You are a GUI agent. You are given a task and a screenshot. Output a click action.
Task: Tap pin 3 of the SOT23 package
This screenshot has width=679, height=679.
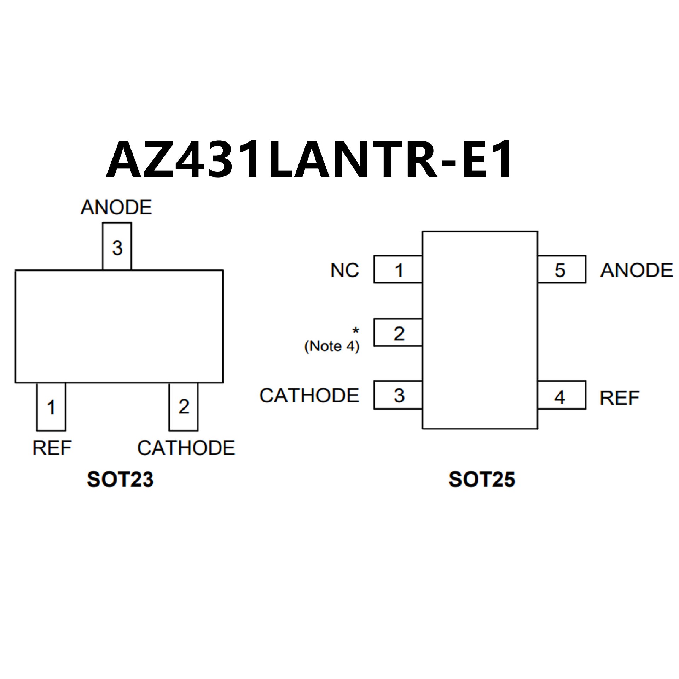pos(117,247)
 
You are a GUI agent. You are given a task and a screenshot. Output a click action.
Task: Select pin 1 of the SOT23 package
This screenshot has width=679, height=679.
pos(51,407)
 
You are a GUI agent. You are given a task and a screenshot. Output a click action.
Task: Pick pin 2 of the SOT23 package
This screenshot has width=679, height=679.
pos(184,407)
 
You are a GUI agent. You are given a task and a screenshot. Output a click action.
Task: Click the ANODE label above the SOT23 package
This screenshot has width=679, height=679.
pos(116,208)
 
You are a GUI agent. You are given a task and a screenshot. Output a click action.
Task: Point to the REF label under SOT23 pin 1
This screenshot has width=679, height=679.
pos(52,448)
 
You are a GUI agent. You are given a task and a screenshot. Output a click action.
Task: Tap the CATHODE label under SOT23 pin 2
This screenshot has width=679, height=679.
pos(186,448)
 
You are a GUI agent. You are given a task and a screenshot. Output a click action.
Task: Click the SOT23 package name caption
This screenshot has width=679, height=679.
pos(120,480)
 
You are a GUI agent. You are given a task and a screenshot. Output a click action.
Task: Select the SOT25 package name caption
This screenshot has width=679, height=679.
pos(482,480)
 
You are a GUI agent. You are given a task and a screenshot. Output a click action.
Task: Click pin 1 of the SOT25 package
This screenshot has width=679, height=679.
pos(398,270)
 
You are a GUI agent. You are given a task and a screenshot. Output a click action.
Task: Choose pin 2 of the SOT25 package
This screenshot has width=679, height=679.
pos(398,333)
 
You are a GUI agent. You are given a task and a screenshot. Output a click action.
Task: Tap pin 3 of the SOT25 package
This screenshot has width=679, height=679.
pos(398,395)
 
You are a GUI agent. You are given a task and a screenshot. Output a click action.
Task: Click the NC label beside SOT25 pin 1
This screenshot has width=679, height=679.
pos(344,271)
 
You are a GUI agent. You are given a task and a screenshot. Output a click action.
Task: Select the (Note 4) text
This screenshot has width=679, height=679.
pos(332,346)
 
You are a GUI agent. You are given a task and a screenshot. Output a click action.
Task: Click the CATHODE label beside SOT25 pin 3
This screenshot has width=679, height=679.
pos(309,395)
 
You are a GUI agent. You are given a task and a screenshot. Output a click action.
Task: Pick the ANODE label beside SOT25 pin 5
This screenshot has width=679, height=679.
pos(637,271)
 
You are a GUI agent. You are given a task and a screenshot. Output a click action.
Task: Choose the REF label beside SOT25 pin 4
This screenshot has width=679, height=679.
pos(620,398)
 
